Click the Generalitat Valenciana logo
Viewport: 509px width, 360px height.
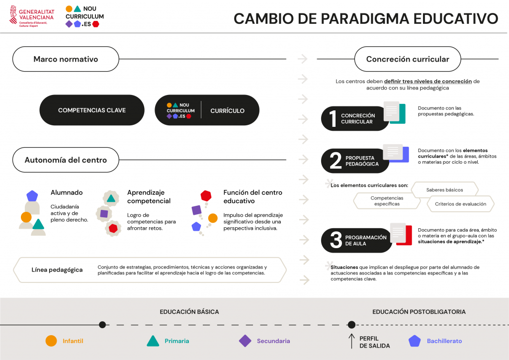(32, 16)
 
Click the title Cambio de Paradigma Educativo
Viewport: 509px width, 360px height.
(366, 18)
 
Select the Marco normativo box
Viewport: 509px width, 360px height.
(66, 59)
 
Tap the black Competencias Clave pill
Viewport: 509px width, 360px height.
(92, 110)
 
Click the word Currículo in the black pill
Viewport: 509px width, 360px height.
(227, 111)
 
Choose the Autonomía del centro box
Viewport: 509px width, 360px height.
(66, 160)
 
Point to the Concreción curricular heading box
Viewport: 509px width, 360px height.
(408, 59)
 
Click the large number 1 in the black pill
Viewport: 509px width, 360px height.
(333, 118)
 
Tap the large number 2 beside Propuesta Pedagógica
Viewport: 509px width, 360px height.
(336, 161)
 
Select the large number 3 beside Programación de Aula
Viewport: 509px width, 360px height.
(336, 240)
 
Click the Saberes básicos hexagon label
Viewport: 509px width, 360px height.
(445, 190)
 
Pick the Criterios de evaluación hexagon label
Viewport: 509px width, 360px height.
(461, 204)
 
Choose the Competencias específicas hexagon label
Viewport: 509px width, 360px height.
(387, 201)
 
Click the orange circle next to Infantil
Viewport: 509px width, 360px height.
(51, 341)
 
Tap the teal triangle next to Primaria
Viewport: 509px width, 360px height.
(153, 341)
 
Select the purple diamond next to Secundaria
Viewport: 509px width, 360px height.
(245, 341)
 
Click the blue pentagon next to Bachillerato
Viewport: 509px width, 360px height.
(415, 341)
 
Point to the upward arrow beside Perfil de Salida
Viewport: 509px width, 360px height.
(351, 341)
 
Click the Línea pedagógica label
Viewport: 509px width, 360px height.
(57, 270)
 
